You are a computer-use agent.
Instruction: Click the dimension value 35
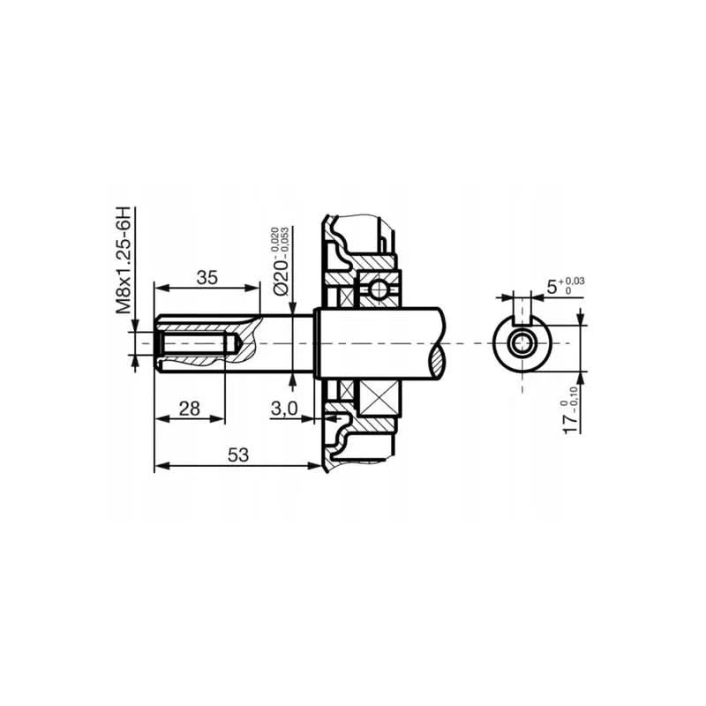point(207,277)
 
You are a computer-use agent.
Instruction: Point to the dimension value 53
point(237,455)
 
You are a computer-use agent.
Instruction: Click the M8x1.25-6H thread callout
point(123,260)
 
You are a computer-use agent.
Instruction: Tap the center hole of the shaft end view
point(523,342)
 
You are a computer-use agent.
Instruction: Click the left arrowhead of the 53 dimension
point(159,467)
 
